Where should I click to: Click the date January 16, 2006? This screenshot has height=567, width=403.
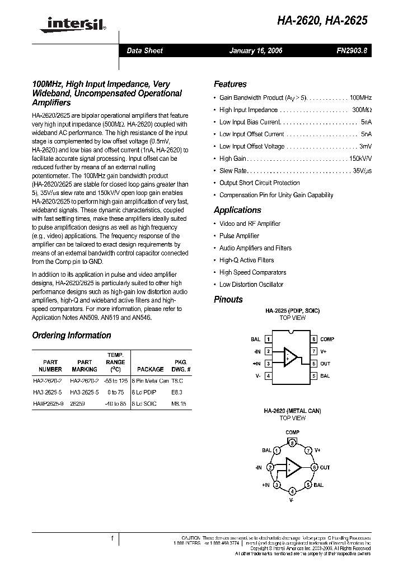click(256, 50)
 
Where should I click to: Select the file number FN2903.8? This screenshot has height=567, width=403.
click(352, 50)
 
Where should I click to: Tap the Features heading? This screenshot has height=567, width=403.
click(230, 84)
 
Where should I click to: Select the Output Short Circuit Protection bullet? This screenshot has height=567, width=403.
click(259, 183)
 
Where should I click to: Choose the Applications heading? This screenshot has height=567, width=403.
click(237, 210)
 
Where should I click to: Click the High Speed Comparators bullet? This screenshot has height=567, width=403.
click(252, 272)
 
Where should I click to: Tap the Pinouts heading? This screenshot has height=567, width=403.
click(228, 300)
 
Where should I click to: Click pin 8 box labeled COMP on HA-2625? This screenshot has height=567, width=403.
click(314, 339)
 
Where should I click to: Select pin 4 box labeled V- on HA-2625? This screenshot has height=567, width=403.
click(269, 376)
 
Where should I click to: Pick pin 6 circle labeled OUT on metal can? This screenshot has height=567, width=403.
click(315, 467)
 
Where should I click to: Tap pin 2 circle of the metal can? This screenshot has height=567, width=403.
click(270, 467)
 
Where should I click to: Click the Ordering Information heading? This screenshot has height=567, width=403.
click(72, 336)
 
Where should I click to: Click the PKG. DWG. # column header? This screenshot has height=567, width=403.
click(181, 366)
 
